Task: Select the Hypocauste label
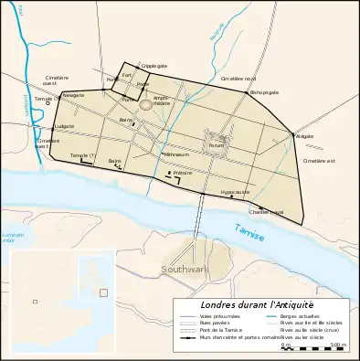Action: [x=237, y=192]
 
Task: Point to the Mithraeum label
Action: [x=151, y=155]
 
